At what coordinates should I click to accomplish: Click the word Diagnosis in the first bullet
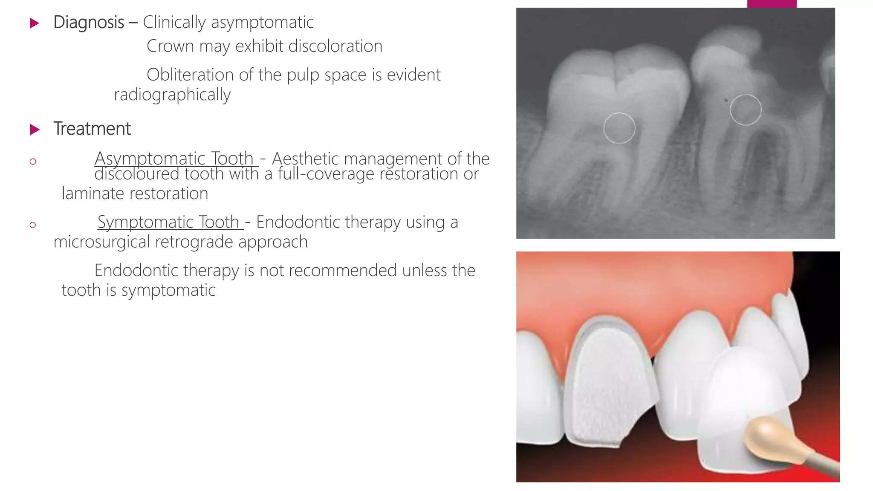click(89, 23)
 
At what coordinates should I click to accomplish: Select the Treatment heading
click(92, 129)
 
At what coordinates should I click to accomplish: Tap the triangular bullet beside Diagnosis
click(35, 23)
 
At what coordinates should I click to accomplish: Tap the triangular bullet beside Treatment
click(35, 130)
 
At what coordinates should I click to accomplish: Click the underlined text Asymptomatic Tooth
click(174, 159)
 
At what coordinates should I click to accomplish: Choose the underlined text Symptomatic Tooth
click(169, 222)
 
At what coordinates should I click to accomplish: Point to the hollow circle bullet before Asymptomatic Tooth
click(33, 162)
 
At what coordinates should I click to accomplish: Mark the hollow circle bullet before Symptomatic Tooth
click(33, 225)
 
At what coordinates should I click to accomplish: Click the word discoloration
click(335, 46)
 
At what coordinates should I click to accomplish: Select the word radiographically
click(172, 95)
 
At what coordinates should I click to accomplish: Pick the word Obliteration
click(190, 75)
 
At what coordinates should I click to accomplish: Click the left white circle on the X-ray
click(619, 128)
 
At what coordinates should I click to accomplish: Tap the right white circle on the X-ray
click(745, 110)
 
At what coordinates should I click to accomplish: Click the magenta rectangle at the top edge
click(772, 3)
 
